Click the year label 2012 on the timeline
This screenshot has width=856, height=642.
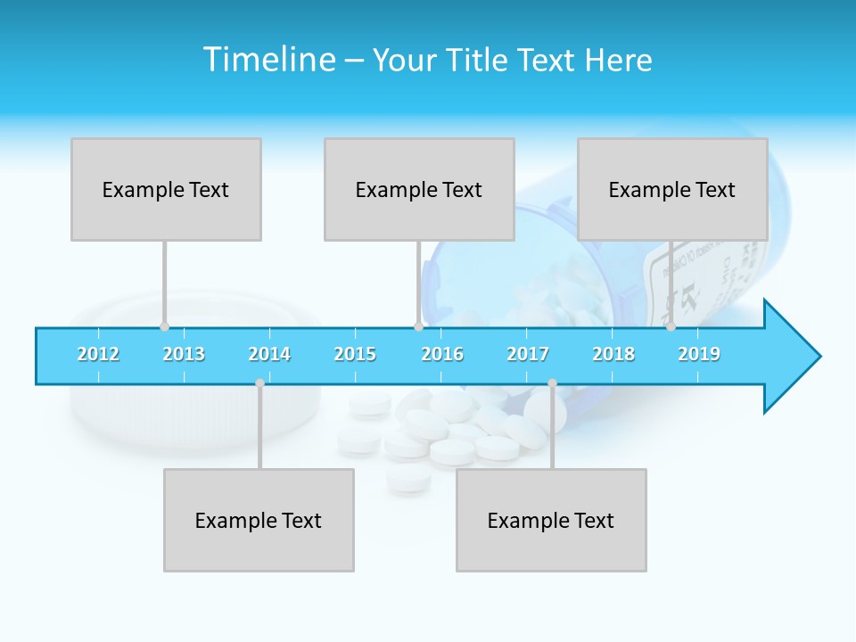tap(98, 354)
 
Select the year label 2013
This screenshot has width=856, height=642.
tap(184, 354)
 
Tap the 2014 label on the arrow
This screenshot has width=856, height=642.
tap(269, 354)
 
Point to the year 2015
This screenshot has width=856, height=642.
tap(355, 354)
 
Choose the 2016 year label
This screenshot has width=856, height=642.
tap(442, 354)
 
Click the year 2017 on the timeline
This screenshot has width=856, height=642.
tap(528, 354)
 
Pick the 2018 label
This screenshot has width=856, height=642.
tap(613, 354)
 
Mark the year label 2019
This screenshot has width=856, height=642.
tap(699, 354)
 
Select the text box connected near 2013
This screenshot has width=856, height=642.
tap(166, 189)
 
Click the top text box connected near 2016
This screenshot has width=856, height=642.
tap(419, 189)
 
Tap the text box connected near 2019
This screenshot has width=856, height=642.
tap(672, 189)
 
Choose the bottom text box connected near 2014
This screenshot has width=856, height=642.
tap(259, 520)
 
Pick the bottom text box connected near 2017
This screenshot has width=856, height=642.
tap(551, 520)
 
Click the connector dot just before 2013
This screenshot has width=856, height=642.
tap(164, 327)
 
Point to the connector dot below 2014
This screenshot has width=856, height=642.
tap(259, 383)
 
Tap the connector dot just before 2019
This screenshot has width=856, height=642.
tap(671, 327)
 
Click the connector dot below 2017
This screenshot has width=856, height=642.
tap(552, 383)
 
